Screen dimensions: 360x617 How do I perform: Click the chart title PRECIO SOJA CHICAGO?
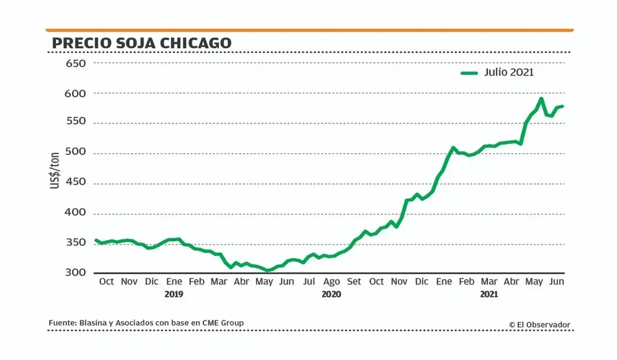tap(141, 43)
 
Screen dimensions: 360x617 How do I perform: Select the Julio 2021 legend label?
tap(509, 72)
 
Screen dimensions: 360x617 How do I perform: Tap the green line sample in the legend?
tap(470, 73)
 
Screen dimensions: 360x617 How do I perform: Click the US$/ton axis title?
tap(55, 168)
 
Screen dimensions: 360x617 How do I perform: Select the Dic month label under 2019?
tap(151, 282)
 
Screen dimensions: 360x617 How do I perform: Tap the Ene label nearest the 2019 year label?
tap(174, 282)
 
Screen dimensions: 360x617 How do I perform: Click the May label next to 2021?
tap(534, 282)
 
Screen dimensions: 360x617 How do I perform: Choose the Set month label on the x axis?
tap(354, 282)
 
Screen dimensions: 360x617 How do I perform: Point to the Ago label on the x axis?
tap(331, 282)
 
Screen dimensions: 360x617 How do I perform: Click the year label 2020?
tap(331, 295)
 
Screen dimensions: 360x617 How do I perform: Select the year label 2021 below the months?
tap(489, 295)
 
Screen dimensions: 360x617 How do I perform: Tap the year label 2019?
tap(174, 295)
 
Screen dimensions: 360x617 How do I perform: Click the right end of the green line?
tap(562, 106)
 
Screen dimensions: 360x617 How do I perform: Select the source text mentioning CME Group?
tap(146, 322)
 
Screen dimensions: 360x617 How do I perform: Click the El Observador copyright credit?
tap(539, 324)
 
